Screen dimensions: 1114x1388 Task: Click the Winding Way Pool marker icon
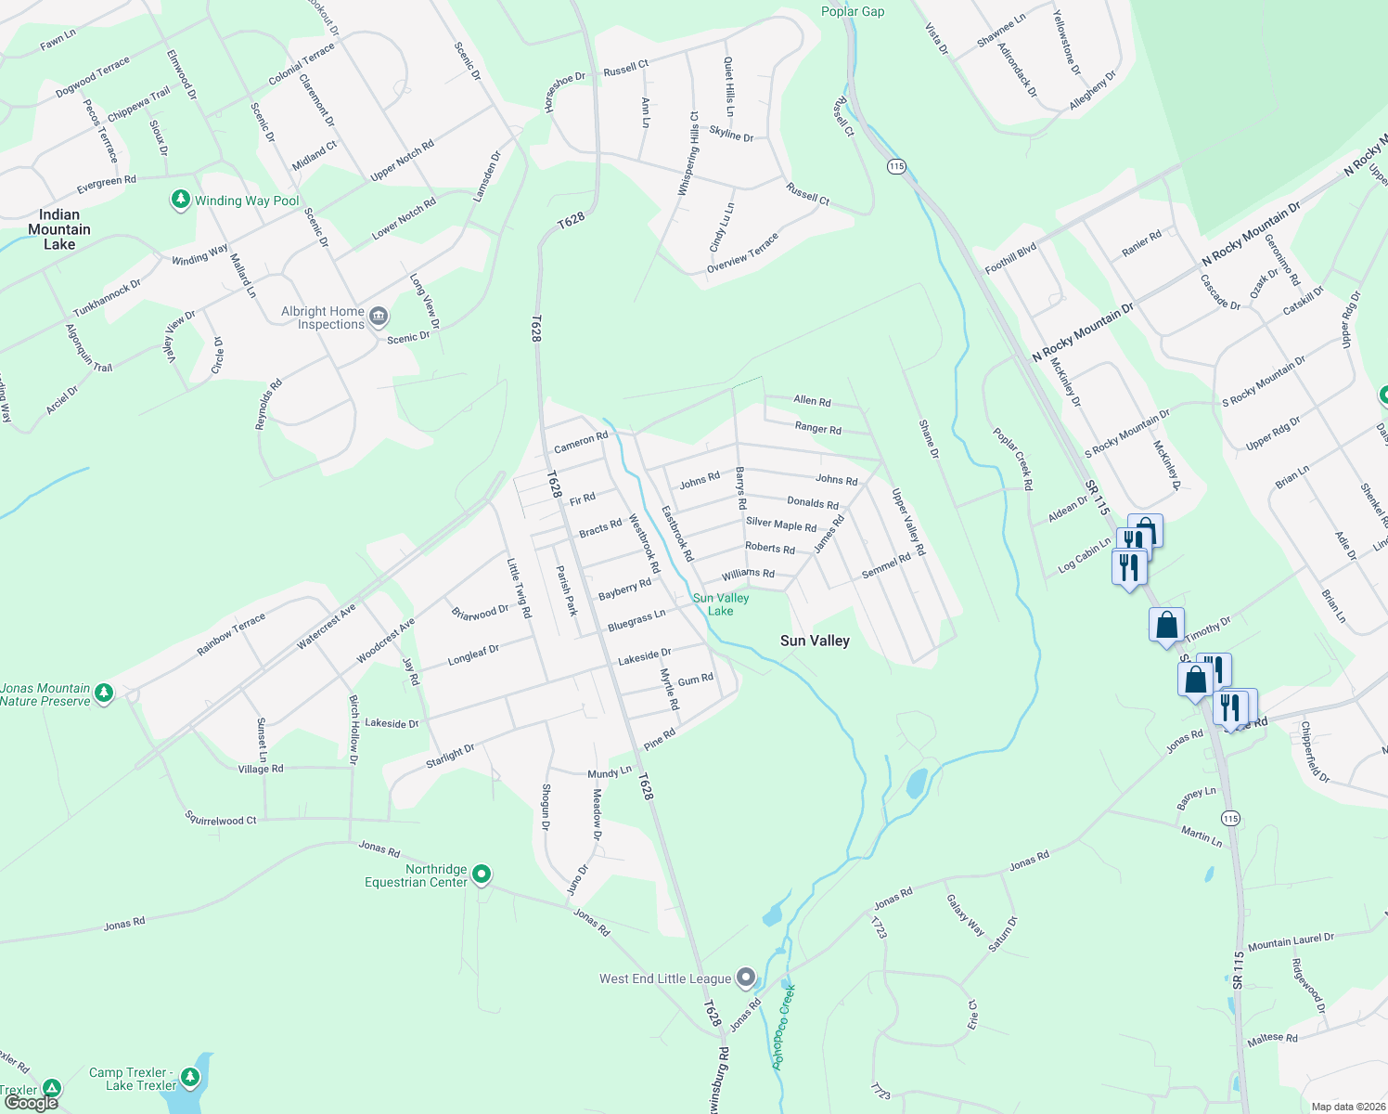181,201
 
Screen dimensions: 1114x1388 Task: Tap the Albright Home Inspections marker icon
379,317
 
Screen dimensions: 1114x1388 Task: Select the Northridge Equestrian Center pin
482,874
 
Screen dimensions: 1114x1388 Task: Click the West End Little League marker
746,978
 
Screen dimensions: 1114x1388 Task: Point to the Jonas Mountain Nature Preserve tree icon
104,693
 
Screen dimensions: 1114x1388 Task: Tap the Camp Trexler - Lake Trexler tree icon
190,1078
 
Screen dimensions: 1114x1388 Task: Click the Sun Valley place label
815,641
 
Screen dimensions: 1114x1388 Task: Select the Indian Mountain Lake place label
59,229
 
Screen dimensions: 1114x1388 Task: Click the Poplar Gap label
853,11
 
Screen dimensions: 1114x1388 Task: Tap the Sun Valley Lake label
721,604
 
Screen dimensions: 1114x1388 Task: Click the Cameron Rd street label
581,443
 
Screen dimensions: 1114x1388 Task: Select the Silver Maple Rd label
781,525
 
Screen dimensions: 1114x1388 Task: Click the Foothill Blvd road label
1010,259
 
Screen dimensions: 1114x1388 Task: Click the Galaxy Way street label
965,914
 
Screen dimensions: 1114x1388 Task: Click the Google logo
32,1103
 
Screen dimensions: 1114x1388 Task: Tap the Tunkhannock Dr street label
107,297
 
